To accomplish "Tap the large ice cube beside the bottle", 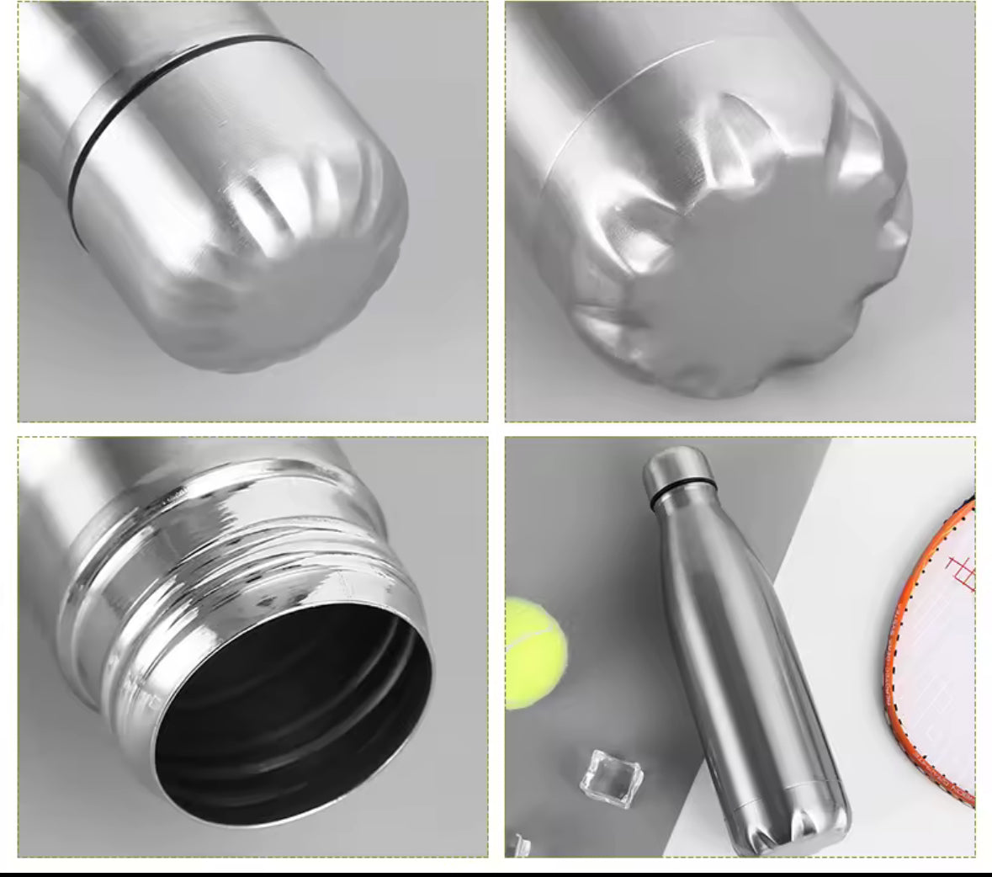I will [610, 778].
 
